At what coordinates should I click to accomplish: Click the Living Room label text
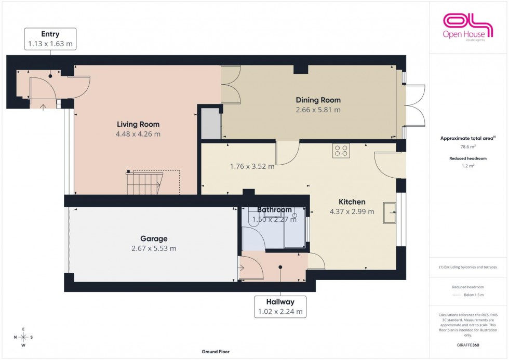click(x=138, y=124)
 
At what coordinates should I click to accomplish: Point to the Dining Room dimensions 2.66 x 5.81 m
click(x=318, y=110)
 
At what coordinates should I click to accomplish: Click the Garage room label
click(x=154, y=238)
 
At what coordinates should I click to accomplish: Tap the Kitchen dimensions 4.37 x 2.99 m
click(x=352, y=211)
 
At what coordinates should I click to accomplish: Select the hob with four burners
click(x=341, y=151)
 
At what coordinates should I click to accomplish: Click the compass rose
click(x=24, y=337)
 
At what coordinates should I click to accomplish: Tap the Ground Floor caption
click(x=216, y=352)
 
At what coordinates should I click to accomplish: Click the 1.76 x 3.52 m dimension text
click(x=252, y=167)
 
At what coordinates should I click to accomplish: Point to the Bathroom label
click(x=275, y=210)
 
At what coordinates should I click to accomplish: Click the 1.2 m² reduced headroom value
click(x=468, y=166)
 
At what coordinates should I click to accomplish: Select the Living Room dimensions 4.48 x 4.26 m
click(x=138, y=134)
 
